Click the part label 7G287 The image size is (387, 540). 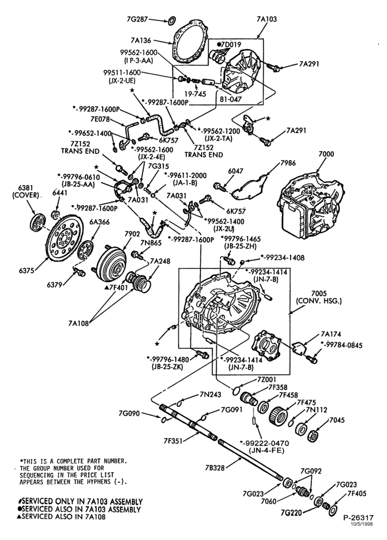138,19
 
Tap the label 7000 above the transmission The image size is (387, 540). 326,154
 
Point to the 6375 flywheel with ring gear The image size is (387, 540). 65,238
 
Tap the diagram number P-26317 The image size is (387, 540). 358,518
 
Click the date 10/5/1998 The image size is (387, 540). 362,524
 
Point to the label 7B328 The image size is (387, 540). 215,468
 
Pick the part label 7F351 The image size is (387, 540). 174,440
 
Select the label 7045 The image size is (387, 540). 337,420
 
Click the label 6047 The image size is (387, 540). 235,171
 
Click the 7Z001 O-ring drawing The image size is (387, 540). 236,390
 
